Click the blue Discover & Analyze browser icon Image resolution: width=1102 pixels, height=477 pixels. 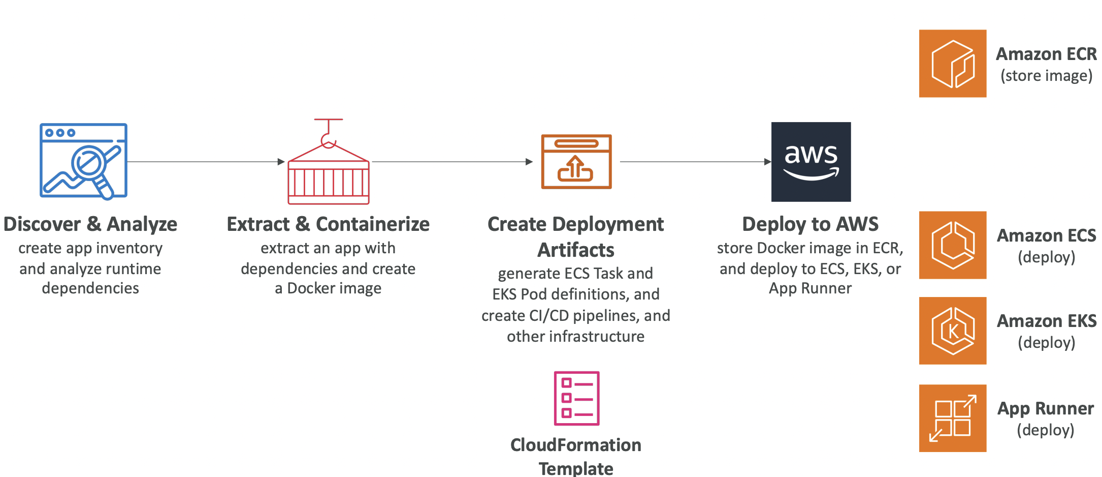coord(83,160)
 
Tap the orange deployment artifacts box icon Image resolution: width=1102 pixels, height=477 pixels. coord(576,162)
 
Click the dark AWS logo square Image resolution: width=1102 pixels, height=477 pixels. coord(811,162)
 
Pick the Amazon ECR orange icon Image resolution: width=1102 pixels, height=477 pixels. coord(953,64)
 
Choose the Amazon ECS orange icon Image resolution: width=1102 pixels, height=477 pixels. coord(953,245)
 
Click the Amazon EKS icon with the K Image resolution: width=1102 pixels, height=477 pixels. coord(953,331)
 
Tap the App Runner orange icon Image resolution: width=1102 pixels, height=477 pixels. coord(953,418)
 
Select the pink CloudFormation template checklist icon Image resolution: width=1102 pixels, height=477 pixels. coord(576,398)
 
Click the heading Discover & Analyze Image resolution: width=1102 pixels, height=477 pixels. coord(90,224)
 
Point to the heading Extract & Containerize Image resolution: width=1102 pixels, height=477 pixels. coord(328,224)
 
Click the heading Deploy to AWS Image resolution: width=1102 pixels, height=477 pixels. coord(811,224)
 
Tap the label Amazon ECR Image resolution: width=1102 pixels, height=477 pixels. coord(1046,54)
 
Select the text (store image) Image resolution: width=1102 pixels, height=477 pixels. coord(1046,76)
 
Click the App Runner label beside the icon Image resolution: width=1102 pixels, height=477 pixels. coord(1046,408)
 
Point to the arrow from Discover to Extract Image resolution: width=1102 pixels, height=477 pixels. coord(203,162)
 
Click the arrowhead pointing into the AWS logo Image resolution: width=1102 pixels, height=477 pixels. coord(767,162)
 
